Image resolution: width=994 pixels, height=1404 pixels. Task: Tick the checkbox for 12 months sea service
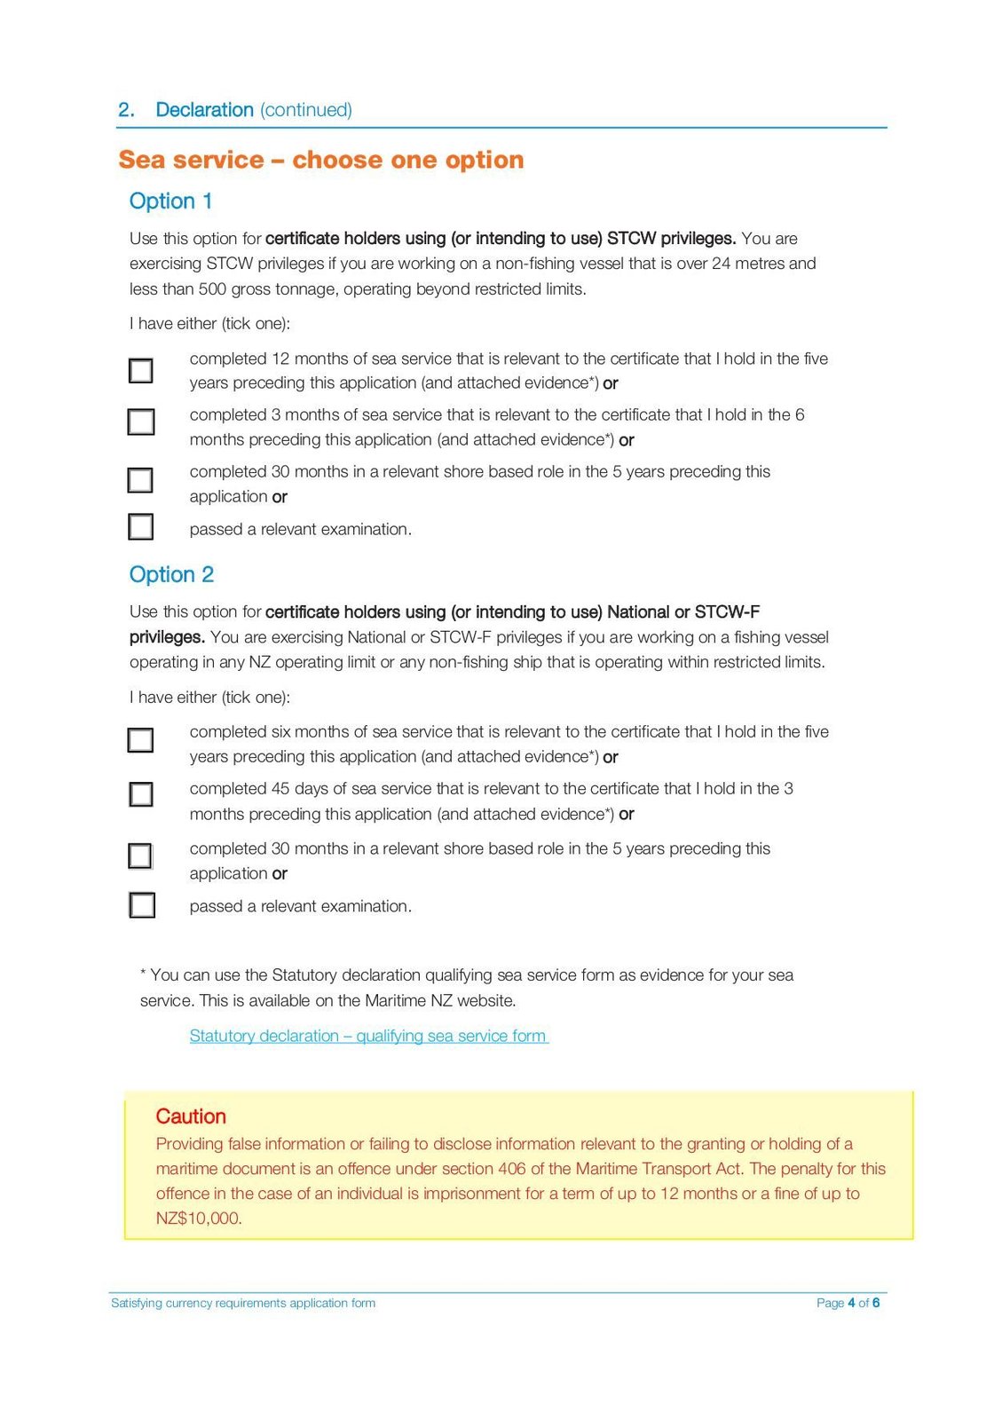(141, 370)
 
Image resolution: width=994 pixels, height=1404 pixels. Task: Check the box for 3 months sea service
(141, 422)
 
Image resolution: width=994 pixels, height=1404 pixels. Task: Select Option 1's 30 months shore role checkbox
(140, 480)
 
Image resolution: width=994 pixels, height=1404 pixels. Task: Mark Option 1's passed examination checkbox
(141, 527)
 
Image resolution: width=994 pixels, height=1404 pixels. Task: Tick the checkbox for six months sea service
(140, 740)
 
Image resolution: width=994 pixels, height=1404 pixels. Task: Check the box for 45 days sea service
(141, 793)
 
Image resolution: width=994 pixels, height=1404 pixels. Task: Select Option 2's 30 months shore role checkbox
(140, 856)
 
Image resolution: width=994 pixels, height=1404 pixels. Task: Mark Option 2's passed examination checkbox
(142, 905)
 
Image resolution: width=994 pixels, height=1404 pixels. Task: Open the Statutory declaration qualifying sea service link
(368, 1036)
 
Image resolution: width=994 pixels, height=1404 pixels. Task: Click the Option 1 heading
(170, 201)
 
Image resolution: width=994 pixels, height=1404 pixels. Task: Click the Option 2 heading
(171, 575)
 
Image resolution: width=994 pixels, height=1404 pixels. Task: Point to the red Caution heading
(191, 1116)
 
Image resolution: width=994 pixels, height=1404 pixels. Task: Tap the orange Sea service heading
(320, 160)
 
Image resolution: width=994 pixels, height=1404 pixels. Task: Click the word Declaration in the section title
(204, 110)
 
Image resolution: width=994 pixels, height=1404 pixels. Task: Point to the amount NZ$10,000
(198, 1219)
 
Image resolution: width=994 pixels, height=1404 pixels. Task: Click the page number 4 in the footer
(851, 1303)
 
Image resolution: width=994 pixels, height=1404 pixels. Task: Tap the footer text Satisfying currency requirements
(242, 1303)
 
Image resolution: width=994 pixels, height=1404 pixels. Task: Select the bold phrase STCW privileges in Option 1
(671, 239)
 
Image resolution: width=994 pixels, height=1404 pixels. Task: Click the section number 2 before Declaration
(125, 110)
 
